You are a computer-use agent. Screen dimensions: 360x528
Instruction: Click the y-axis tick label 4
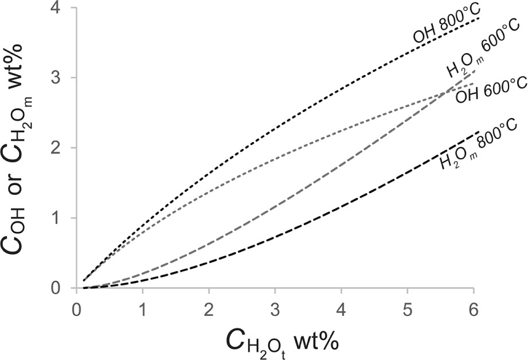(60, 9)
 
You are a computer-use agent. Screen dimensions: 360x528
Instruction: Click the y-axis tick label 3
(60, 78)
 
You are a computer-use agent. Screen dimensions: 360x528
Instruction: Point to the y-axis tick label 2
(60, 148)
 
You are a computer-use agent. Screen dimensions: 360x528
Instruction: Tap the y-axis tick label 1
(60, 218)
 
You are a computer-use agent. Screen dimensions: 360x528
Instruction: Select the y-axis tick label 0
(60, 288)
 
